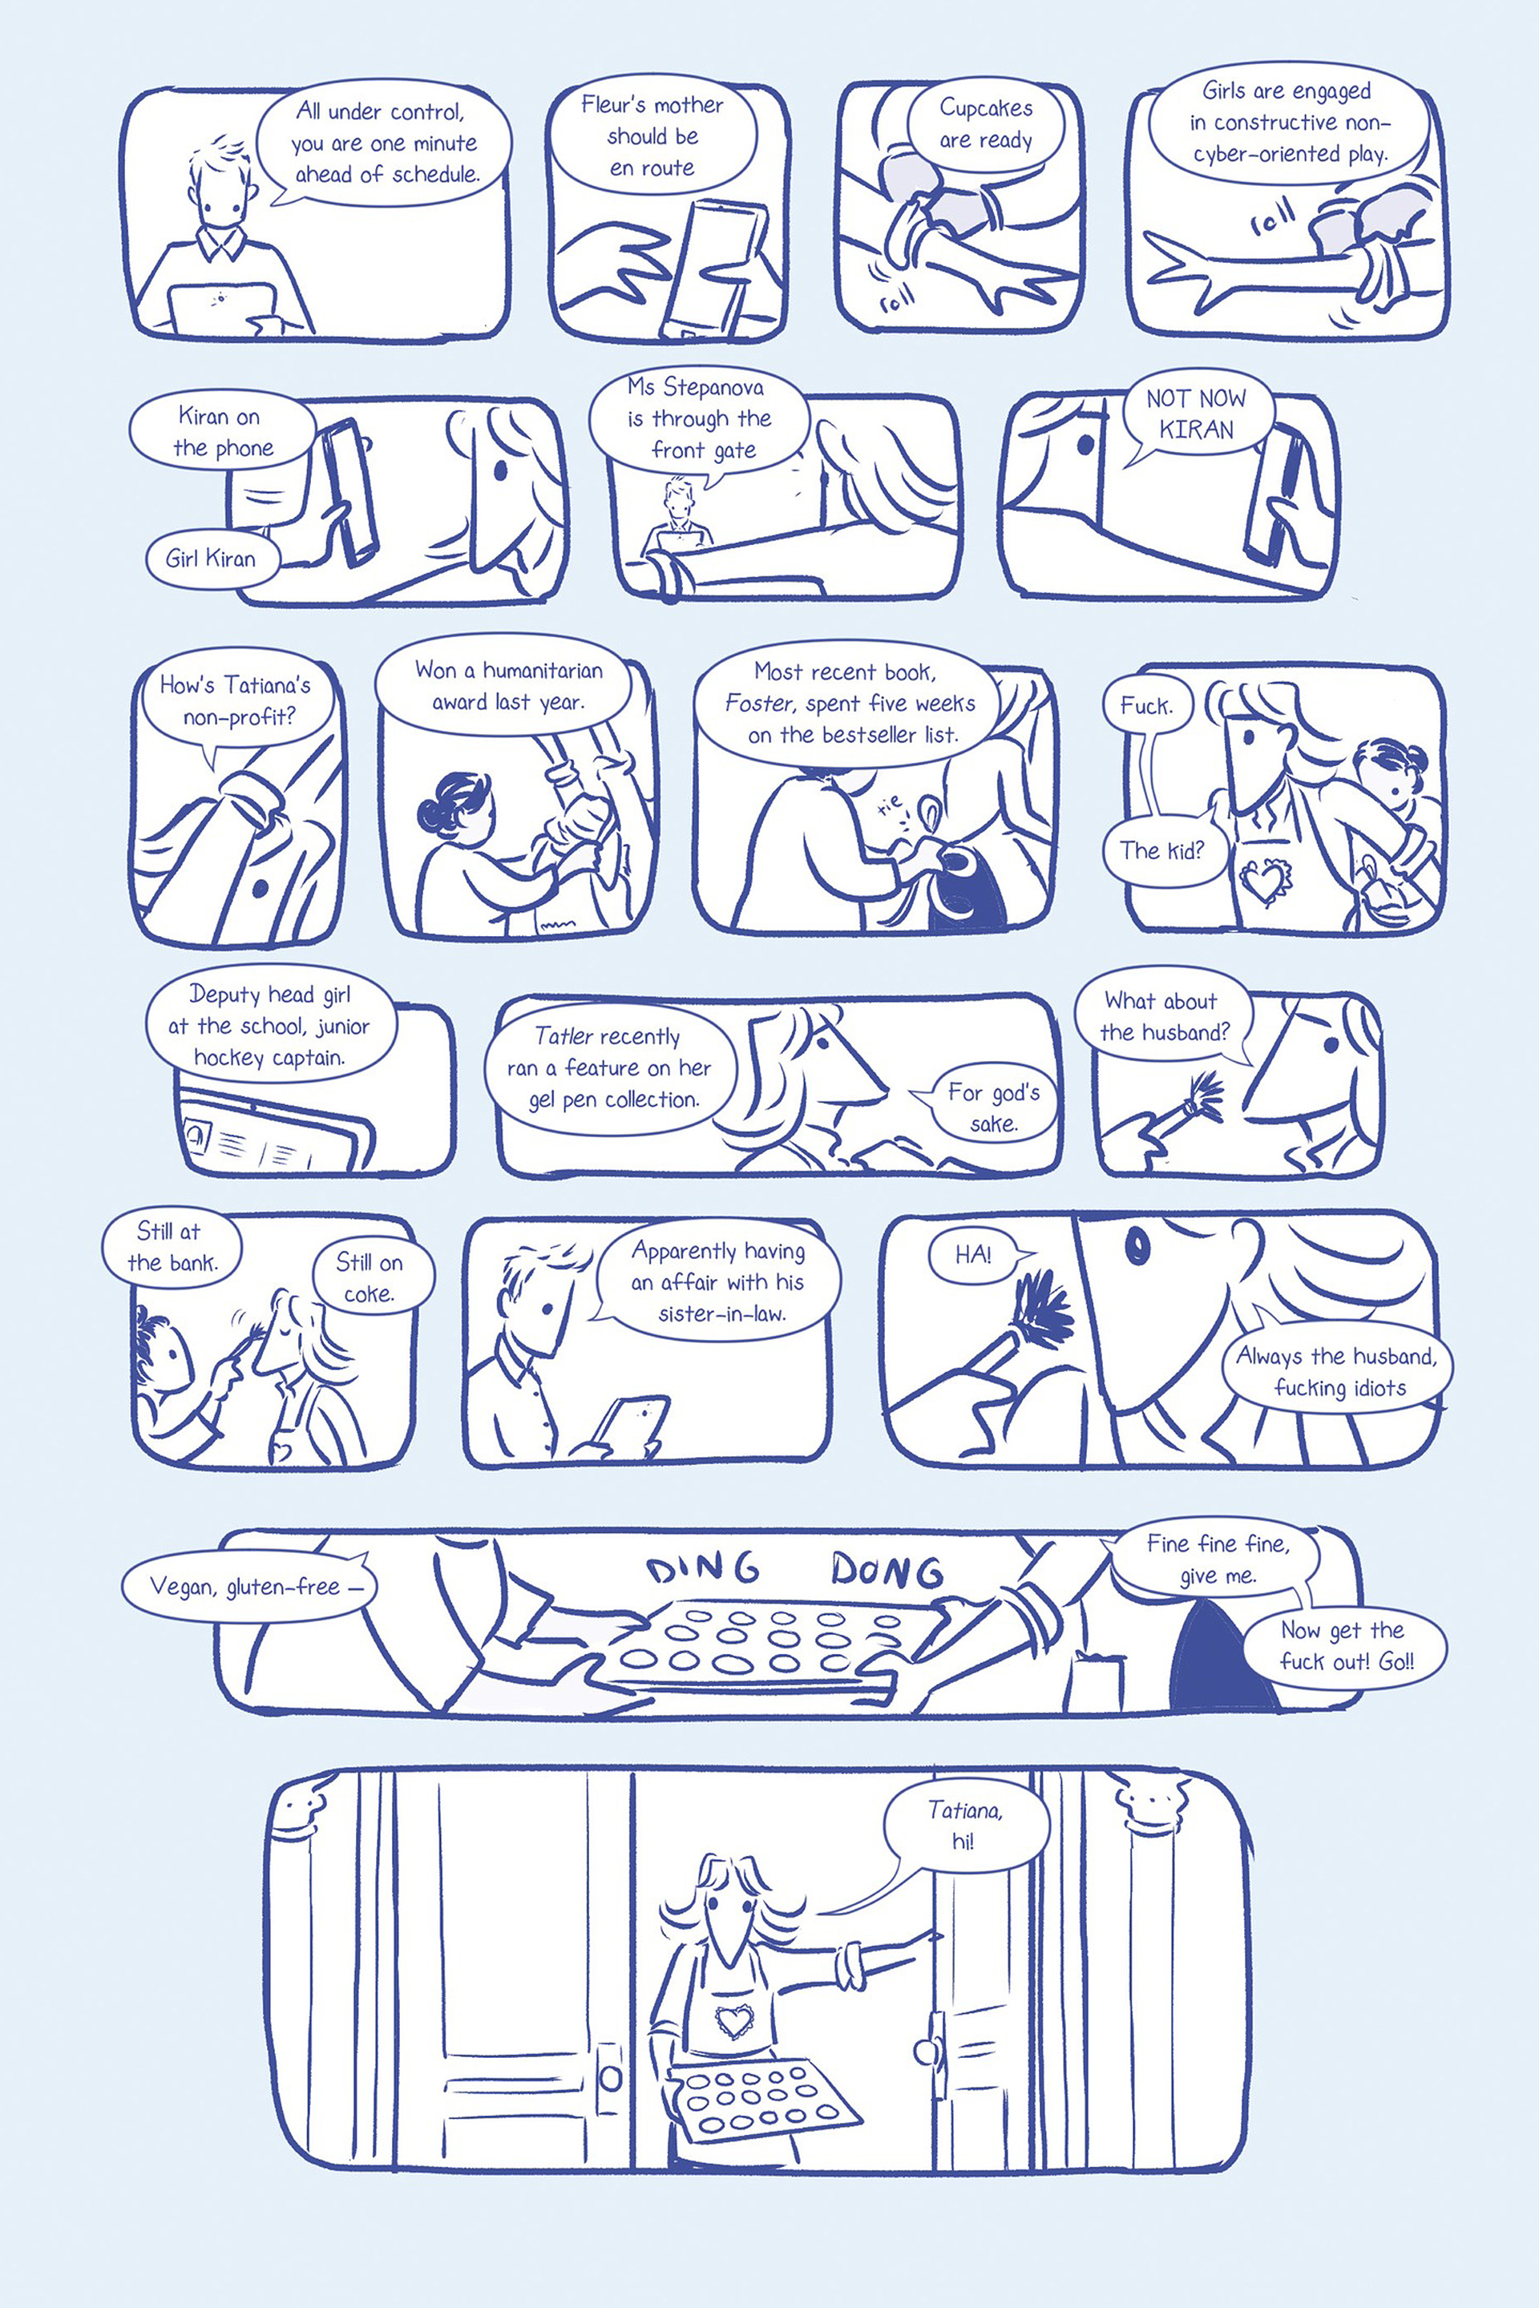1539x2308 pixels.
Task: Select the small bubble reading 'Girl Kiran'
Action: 211,559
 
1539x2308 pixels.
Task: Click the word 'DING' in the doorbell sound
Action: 703,1568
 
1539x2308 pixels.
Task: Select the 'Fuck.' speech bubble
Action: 1146,705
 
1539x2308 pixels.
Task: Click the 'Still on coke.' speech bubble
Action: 370,1277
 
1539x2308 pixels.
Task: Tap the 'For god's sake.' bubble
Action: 989,1106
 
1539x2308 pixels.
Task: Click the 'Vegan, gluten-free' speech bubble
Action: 248,1586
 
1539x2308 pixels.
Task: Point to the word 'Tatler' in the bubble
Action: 563,1036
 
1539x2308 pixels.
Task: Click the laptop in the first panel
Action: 222,308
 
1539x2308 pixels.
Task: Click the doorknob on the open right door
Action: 923,2051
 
